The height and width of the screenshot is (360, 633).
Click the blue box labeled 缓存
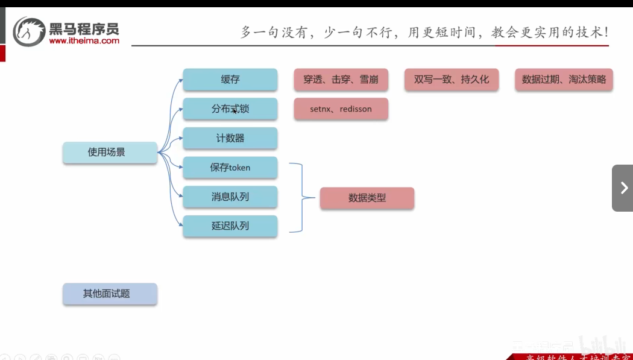(230, 80)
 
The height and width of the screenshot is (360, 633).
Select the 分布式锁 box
(230, 109)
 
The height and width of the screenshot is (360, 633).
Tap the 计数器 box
(230, 138)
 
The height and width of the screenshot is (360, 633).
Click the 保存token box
(230, 168)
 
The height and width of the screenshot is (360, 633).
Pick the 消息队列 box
(230, 197)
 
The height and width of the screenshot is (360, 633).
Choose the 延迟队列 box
(230, 226)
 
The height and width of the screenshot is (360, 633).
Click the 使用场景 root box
(110, 153)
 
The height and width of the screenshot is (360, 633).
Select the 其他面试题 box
(110, 294)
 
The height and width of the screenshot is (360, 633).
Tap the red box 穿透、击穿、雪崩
(341, 80)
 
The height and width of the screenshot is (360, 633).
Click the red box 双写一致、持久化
(452, 80)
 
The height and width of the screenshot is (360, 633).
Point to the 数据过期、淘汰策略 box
(564, 80)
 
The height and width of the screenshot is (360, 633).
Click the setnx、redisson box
(341, 109)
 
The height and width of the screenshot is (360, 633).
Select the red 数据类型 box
(367, 198)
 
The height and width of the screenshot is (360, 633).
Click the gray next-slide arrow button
(623, 188)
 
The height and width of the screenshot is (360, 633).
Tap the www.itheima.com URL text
(84, 41)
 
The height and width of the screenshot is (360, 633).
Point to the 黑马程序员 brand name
(84, 28)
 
